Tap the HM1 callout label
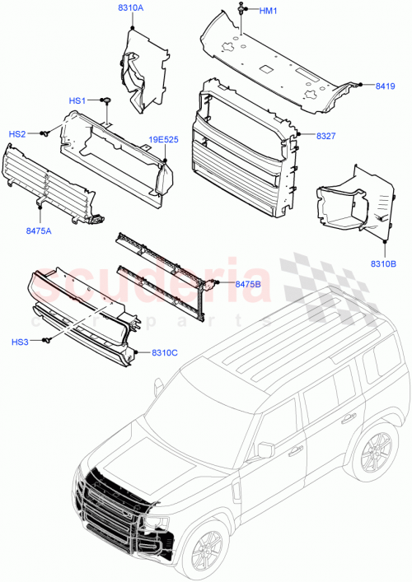click(269, 11)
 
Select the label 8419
click(385, 85)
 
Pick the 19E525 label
click(162, 140)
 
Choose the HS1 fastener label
click(77, 100)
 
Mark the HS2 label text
click(17, 133)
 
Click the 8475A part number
click(39, 231)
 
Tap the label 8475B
click(248, 284)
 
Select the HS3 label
click(20, 341)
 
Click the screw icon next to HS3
click(49, 340)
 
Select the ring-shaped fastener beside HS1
click(107, 100)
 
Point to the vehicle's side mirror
click(265, 449)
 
